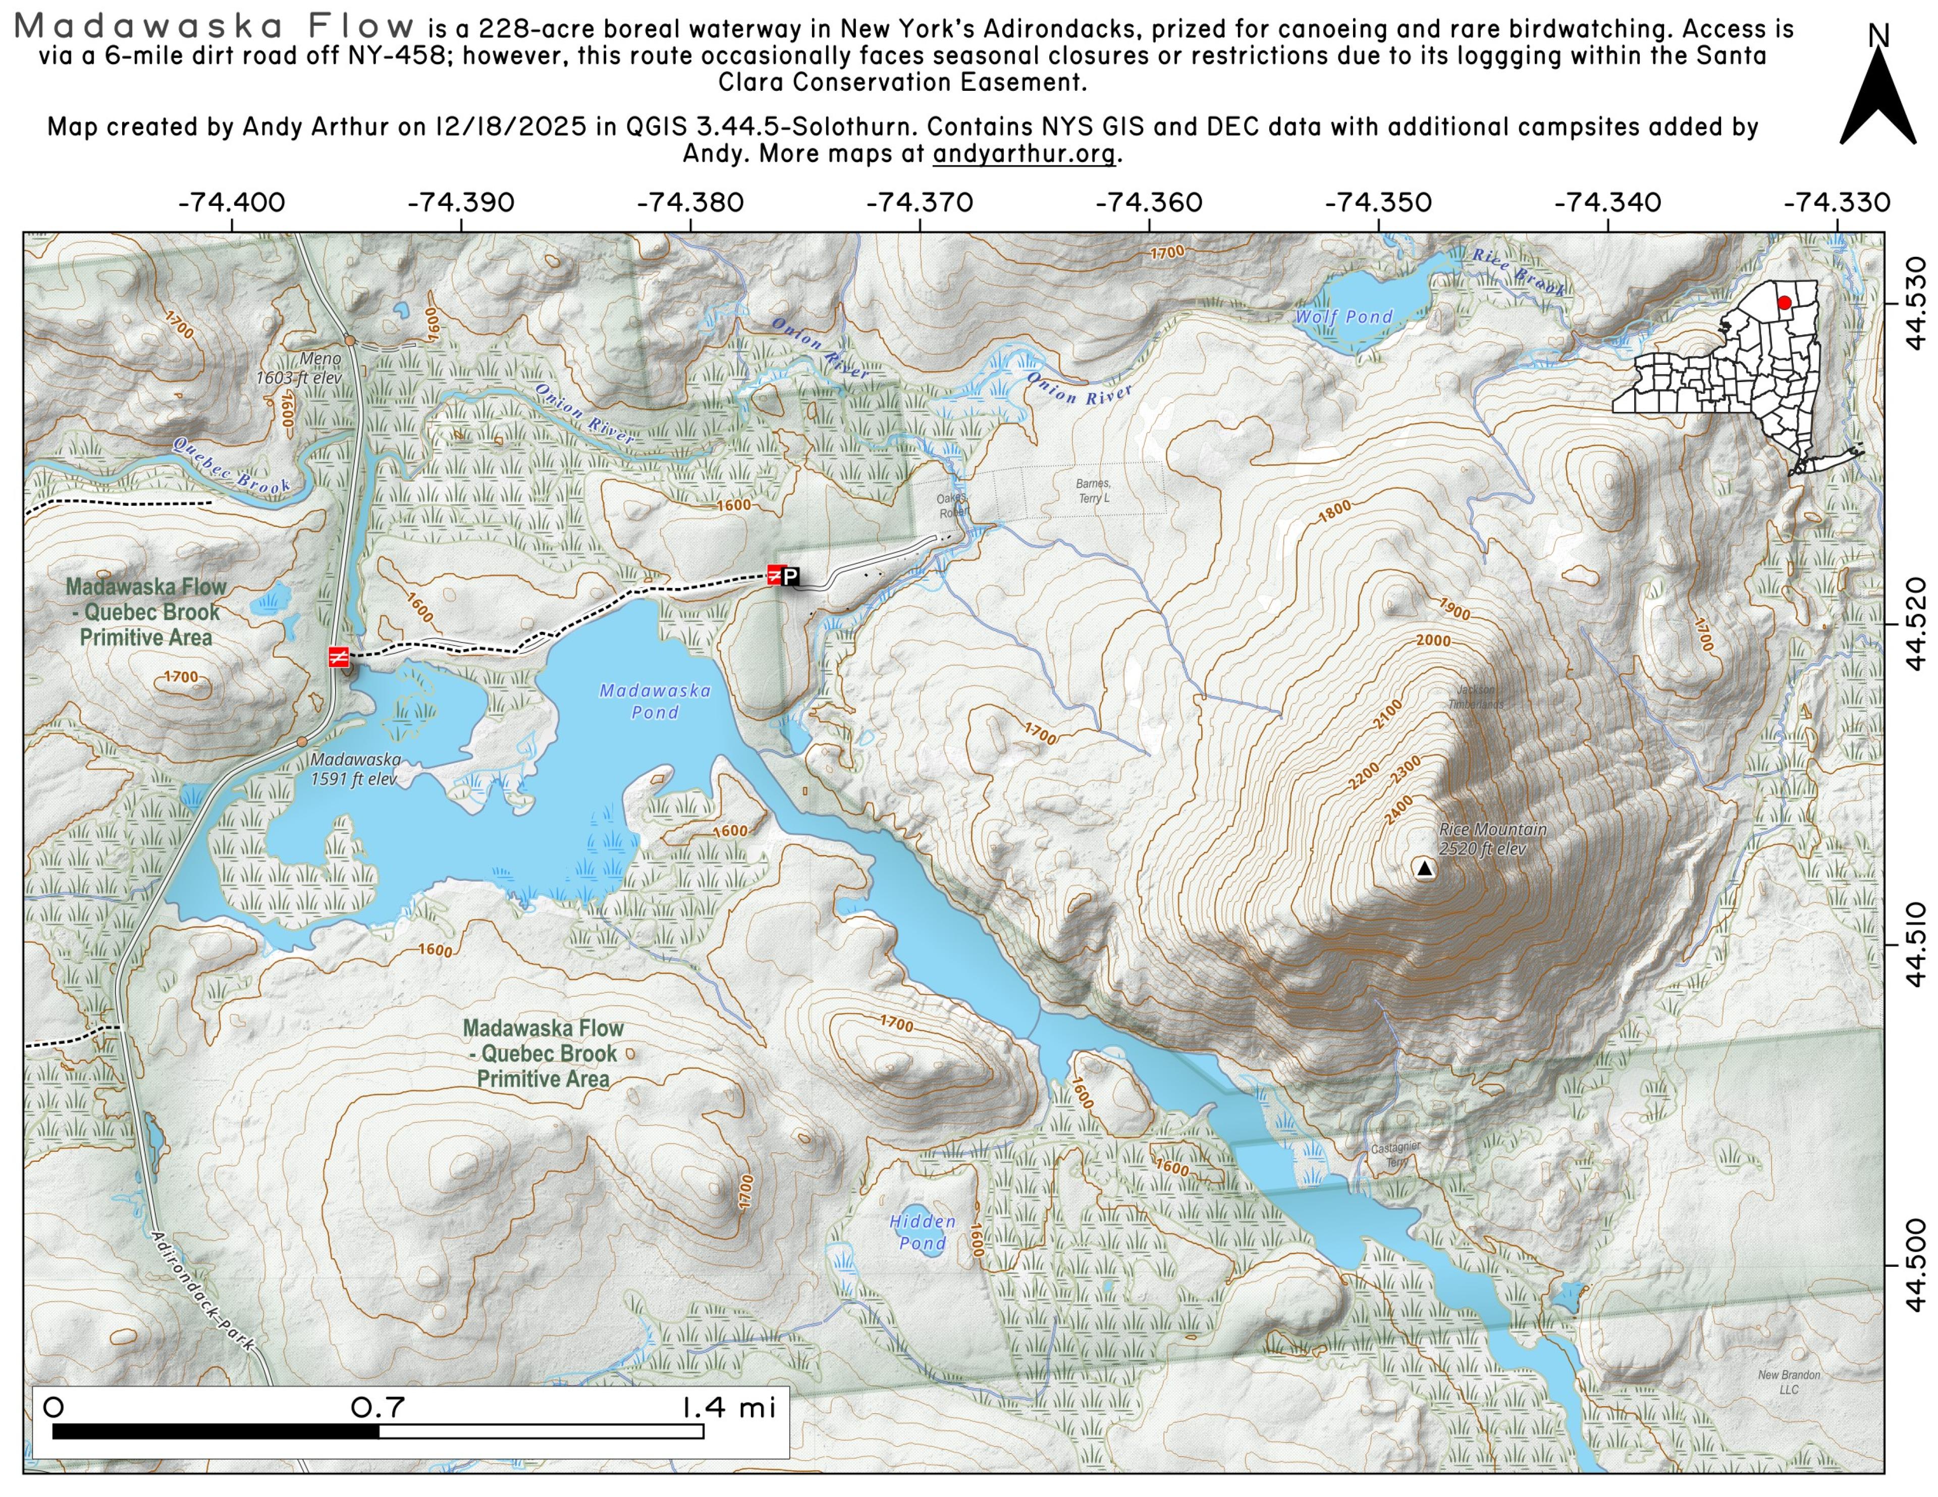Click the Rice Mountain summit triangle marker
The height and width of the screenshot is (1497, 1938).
point(1424,869)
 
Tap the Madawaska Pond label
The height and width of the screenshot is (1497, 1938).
point(655,701)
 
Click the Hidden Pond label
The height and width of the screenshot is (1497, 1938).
point(923,1232)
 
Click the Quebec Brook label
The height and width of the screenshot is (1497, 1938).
point(231,466)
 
